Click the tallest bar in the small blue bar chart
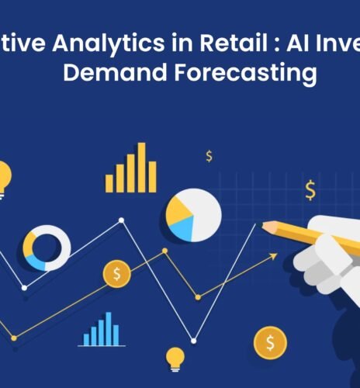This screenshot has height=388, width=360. [x=109, y=329]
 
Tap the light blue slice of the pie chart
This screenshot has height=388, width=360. [x=182, y=228]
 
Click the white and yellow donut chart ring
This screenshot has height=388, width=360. [x=47, y=248]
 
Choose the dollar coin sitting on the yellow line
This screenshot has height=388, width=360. [x=116, y=274]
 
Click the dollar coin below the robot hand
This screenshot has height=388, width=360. [x=270, y=341]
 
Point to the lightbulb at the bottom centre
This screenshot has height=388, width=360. [x=175, y=359]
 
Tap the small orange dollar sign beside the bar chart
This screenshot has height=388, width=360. [x=209, y=157]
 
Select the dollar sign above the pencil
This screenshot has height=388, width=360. [x=310, y=189]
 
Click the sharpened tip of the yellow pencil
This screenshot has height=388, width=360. [x=265, y=227]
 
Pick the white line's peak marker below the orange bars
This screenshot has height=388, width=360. [x=121, y=220]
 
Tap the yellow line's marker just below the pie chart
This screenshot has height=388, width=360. [x=164, y=251]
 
